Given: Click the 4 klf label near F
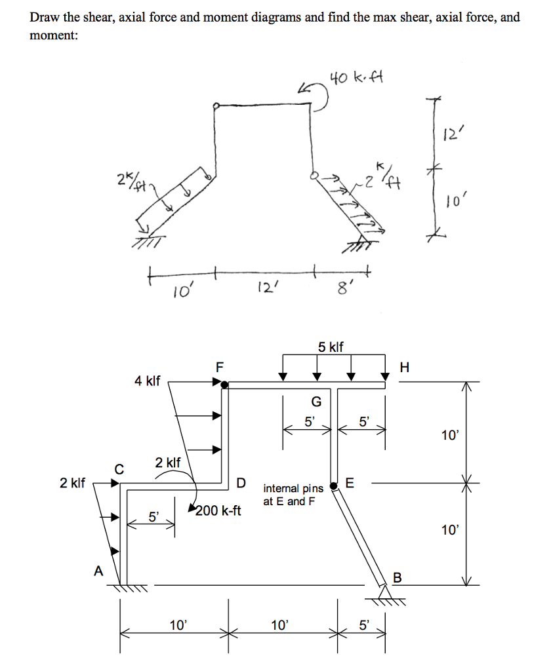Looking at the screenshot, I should point(148,380).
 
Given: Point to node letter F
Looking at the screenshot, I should point(220,368).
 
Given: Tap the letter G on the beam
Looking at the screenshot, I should point(316,402).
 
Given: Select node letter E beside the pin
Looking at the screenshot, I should point(349,484).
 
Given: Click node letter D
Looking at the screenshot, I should point(241,484).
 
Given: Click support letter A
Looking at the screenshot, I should point(98,571).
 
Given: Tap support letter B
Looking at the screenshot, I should point(397,578).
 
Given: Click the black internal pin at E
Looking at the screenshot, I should point(335,486).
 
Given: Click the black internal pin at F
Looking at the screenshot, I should point(224,385).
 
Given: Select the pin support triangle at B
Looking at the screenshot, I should point(386,592).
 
